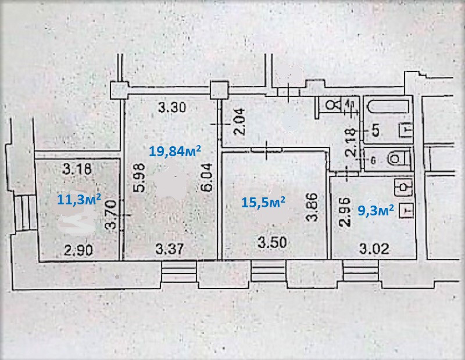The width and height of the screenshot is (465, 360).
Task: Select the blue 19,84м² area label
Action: click(x=175, y=152)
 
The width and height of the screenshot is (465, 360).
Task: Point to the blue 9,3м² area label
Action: click(x=376, y=210)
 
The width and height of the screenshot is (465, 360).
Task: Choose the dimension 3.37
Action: click(x=170, y=250)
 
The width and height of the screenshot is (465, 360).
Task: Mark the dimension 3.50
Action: click(x=271, y=243)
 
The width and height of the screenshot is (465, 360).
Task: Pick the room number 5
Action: click(x=375, y=130)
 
